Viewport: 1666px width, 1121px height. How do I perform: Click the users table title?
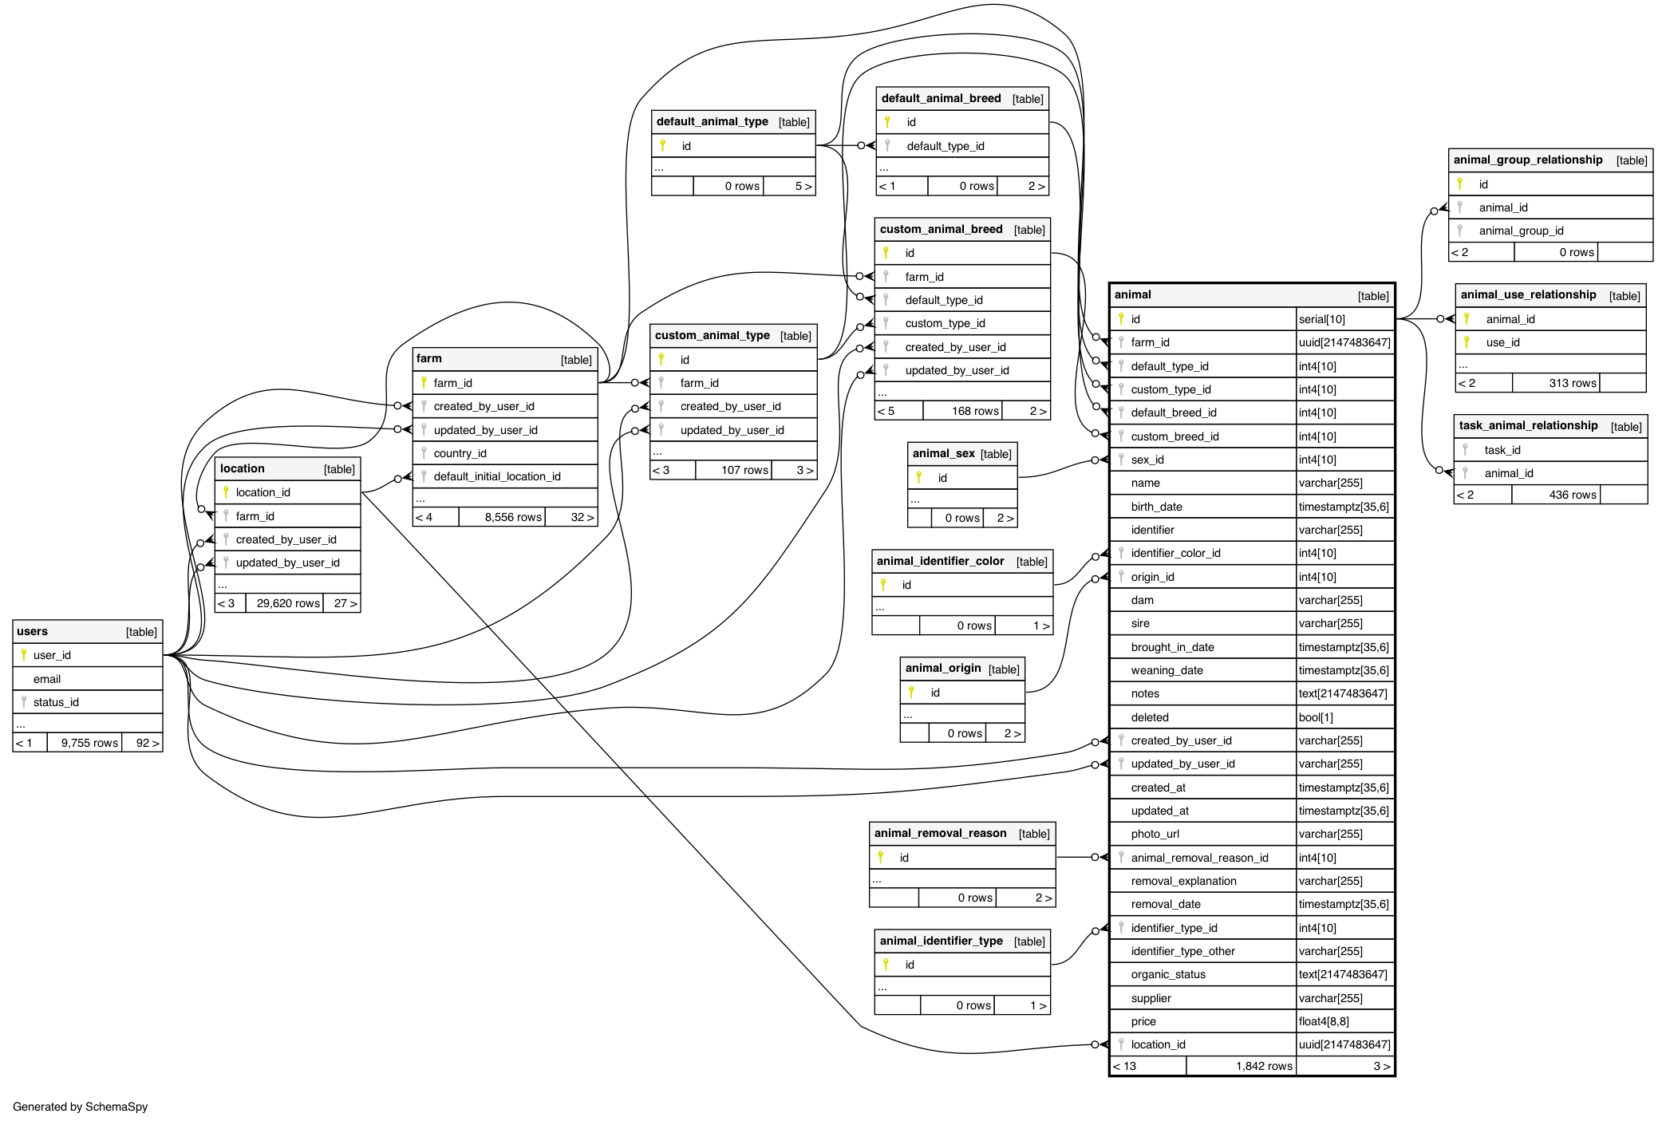[x=33, y=631]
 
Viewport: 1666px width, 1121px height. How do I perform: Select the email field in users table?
[x=47, y=679]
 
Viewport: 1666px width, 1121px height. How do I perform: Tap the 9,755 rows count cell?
[x=89, y=743]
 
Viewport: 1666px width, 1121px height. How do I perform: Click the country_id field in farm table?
[x=460, y=453]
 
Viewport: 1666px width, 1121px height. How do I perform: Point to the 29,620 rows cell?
[x=287, y=603]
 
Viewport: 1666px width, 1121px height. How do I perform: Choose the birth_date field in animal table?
[x=1156, y=507]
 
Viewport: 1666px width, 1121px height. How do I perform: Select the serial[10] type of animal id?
[x=1321, y=319]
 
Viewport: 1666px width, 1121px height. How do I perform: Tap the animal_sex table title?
[x=943, y=453]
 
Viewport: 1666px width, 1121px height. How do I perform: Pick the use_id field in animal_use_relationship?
[x=1502, y=342]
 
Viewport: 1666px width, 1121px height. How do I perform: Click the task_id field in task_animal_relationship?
[x=1502, y=450]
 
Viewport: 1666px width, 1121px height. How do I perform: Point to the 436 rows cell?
[x=1572, y=495]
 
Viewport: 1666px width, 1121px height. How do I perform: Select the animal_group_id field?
[x=1521, y=231]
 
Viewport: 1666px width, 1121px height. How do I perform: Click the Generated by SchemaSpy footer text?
[x=80, y=1107]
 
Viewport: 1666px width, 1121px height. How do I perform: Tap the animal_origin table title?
[x=943, y=668]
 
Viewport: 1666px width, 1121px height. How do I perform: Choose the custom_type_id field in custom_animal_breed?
[x=945, y=323]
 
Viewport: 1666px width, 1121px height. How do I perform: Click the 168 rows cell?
[x=974, y=411]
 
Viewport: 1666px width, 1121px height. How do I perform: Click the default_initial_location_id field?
[x=496, y=476]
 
